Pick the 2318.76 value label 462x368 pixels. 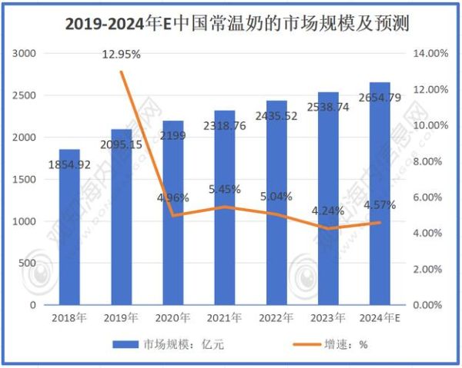225,124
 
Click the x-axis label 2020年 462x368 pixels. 173,317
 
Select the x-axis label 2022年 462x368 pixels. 276,317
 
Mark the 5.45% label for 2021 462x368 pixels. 225,189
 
